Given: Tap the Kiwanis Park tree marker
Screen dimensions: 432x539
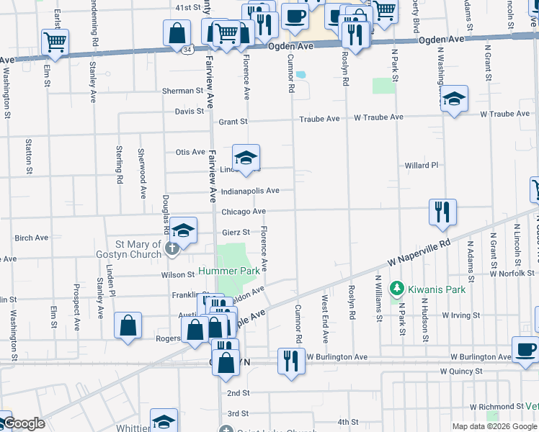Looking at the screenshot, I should [396, 289].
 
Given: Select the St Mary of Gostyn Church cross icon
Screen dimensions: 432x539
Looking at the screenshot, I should [171, 249].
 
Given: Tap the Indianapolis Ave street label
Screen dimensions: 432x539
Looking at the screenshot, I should [250, 191].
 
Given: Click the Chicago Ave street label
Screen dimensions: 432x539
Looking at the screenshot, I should [244, 212].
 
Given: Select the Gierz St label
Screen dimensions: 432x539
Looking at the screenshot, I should [236, 232].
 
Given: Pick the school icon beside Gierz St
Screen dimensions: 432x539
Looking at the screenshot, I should [184, 231].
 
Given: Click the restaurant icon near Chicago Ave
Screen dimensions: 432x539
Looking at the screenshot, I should [442, 211].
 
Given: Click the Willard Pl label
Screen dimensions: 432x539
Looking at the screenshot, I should [422, 165].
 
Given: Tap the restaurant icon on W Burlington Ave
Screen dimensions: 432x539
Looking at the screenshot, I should [291, 359].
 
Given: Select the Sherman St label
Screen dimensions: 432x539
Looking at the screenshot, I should [183, 91].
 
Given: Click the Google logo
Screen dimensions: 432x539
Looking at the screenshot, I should [24, 423].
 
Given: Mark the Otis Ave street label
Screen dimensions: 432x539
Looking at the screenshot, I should [191, 152].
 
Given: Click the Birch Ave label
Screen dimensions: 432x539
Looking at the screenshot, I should [31, 238].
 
